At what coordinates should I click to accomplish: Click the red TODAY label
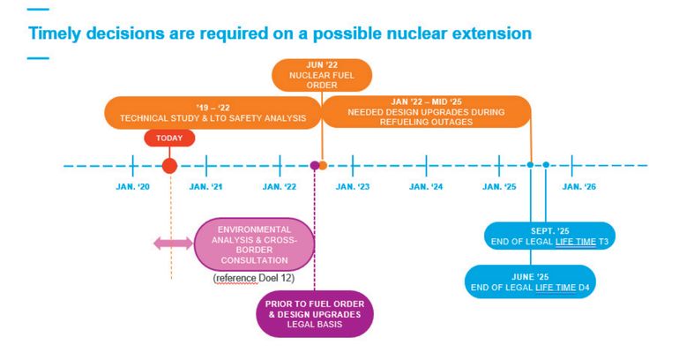click(169, 139)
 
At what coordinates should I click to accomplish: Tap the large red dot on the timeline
click(169, 166)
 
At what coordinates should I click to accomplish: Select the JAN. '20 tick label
click(132, 187)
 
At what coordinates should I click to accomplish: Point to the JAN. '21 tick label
click(205, 187)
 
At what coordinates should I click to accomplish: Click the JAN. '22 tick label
click(280, 187)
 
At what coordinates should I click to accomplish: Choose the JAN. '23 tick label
click(353, 187)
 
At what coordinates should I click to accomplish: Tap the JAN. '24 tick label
click(426, 187)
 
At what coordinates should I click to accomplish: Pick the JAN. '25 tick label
click(499, 187)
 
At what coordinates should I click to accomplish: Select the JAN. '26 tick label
click(579, 187)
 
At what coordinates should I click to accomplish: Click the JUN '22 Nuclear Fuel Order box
click(322, 75)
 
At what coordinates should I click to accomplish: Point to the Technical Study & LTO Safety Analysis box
click(213, 113)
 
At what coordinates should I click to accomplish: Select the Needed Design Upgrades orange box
click(426, 112)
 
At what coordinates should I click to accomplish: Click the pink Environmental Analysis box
click(254, 244)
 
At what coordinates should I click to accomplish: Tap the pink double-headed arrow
click(173, 244)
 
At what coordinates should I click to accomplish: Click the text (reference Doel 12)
click(254, 278)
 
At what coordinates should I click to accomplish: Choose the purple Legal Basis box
click(315, 314)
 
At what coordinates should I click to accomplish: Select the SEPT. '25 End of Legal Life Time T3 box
click(549, 236)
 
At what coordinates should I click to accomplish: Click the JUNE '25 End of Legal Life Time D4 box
click(530, 281)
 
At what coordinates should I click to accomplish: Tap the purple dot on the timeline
click(315, 166)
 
